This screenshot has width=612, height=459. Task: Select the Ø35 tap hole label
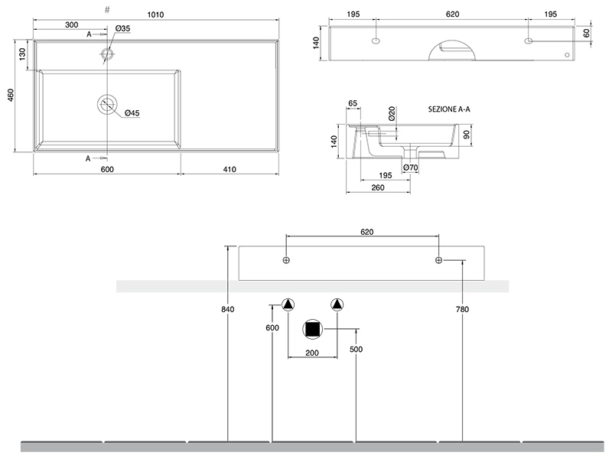click(x=123, y=29)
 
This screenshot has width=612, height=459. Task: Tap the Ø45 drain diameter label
click(x=132, y=113)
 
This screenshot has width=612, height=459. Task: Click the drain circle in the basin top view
click(x=109, y=103)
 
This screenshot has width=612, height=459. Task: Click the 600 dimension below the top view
click(x=106, y=169)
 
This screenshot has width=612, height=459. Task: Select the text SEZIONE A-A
click(x=449, y=110)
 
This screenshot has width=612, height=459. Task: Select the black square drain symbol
click(x=313, y=330)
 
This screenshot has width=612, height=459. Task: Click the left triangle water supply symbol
click(x=288, y=304)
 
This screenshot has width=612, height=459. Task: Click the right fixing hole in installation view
click(x=438, y=261)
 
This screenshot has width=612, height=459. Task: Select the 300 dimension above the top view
click(x=71, y=25)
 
